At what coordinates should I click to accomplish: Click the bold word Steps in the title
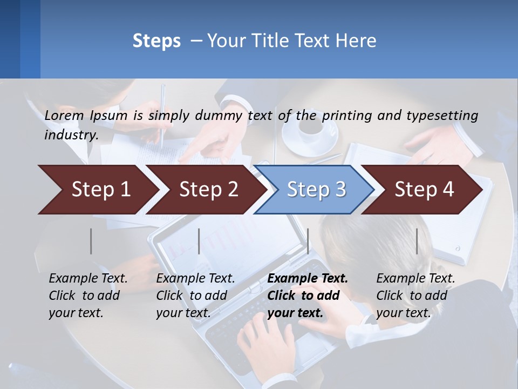coord(156,41)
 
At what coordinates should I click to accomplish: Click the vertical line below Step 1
coord(91,241)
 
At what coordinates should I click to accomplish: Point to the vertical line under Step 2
coord(199,241)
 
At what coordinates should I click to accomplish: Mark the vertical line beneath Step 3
coord(308,241)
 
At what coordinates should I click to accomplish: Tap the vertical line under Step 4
coord(417,241)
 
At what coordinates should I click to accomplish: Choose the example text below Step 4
coord(415,296)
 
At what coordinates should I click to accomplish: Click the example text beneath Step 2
coord(195,296)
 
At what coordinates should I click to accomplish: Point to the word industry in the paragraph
coord(70,135)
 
